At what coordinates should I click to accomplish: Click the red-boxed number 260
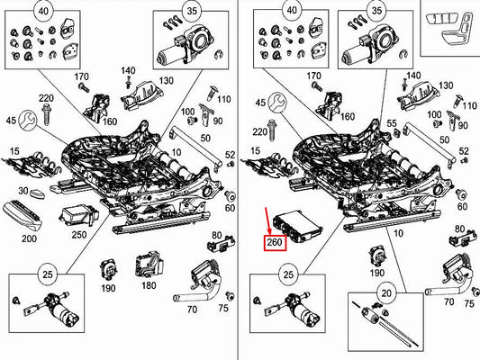point(274,243)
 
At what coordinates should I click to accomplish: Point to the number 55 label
point(390,122)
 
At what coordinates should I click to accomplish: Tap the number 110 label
point(223,98)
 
